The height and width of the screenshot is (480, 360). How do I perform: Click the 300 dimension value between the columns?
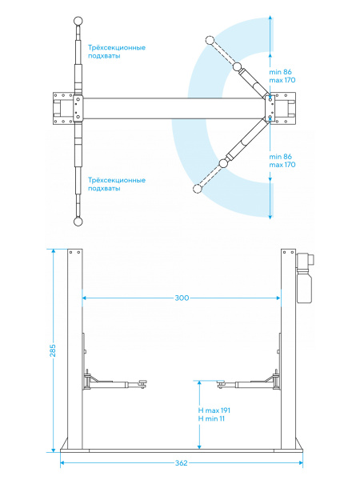pos(182,298)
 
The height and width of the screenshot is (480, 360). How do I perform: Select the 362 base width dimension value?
pos(182,463)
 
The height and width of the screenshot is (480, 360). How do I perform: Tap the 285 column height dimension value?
pos(53,350)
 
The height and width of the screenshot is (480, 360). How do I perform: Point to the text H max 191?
pos(214,410)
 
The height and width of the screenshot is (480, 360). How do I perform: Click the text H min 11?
pos(211,418)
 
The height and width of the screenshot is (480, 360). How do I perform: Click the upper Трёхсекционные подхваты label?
pos(117,52)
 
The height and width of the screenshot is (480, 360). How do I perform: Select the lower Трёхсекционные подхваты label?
pos(117,184)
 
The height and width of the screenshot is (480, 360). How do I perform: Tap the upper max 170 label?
pos(282,80)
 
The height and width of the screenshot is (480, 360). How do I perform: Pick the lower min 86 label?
pos(281,157)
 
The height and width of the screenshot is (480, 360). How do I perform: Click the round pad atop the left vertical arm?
pos(78,21)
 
